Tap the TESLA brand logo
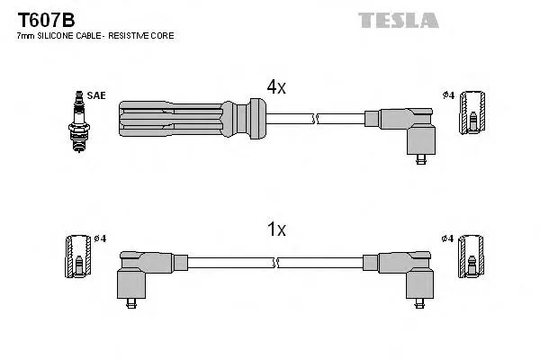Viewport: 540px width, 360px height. [x=398, y=20]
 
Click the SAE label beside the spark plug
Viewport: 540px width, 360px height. [x=95, y=94]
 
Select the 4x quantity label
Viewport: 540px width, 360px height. [x=275, y=86]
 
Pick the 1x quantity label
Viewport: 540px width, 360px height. [x=275, y=229]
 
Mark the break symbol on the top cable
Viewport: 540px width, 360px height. [x=312, y=118]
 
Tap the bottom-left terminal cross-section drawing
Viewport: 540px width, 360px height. [x=78, y=257]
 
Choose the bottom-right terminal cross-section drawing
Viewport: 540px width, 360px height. [x=472, y=257]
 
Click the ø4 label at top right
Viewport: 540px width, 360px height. [x=448, y=95]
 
